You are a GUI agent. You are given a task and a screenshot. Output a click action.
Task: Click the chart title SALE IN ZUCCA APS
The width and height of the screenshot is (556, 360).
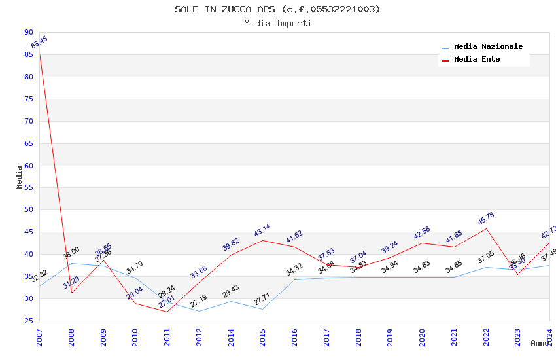(x=277, y=9)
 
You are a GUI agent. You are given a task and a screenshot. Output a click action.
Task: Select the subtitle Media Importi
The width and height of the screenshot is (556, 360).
(x=277, y=24)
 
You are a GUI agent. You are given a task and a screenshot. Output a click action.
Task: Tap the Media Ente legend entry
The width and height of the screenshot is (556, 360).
(x=477, y=60)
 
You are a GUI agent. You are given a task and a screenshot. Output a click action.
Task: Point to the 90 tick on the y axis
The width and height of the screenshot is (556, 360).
(x=28, y=32)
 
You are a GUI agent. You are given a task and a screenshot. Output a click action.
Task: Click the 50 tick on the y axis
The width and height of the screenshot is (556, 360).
(x=28, y=210)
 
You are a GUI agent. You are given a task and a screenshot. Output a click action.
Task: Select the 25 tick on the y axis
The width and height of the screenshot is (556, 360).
(x=28, y=321)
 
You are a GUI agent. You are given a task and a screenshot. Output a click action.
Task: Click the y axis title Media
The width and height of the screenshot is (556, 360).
(x=20, y=177)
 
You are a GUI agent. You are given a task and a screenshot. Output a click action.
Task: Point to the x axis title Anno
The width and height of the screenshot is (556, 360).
(x=540, y=343)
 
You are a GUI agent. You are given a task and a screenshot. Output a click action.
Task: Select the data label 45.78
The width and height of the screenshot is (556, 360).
(x=486, y=219)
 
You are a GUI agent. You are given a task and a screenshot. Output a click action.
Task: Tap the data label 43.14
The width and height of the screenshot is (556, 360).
(x=262, y=230)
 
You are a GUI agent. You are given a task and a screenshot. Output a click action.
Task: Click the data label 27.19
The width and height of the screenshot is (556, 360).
(x=199, y=301)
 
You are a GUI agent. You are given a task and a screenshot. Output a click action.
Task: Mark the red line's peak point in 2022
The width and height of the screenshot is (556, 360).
(x=486, y=228)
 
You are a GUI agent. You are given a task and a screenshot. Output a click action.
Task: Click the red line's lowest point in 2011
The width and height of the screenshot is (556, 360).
(x=167, y=312)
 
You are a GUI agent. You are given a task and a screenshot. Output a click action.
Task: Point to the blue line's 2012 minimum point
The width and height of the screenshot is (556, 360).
(x=199, y=311)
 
